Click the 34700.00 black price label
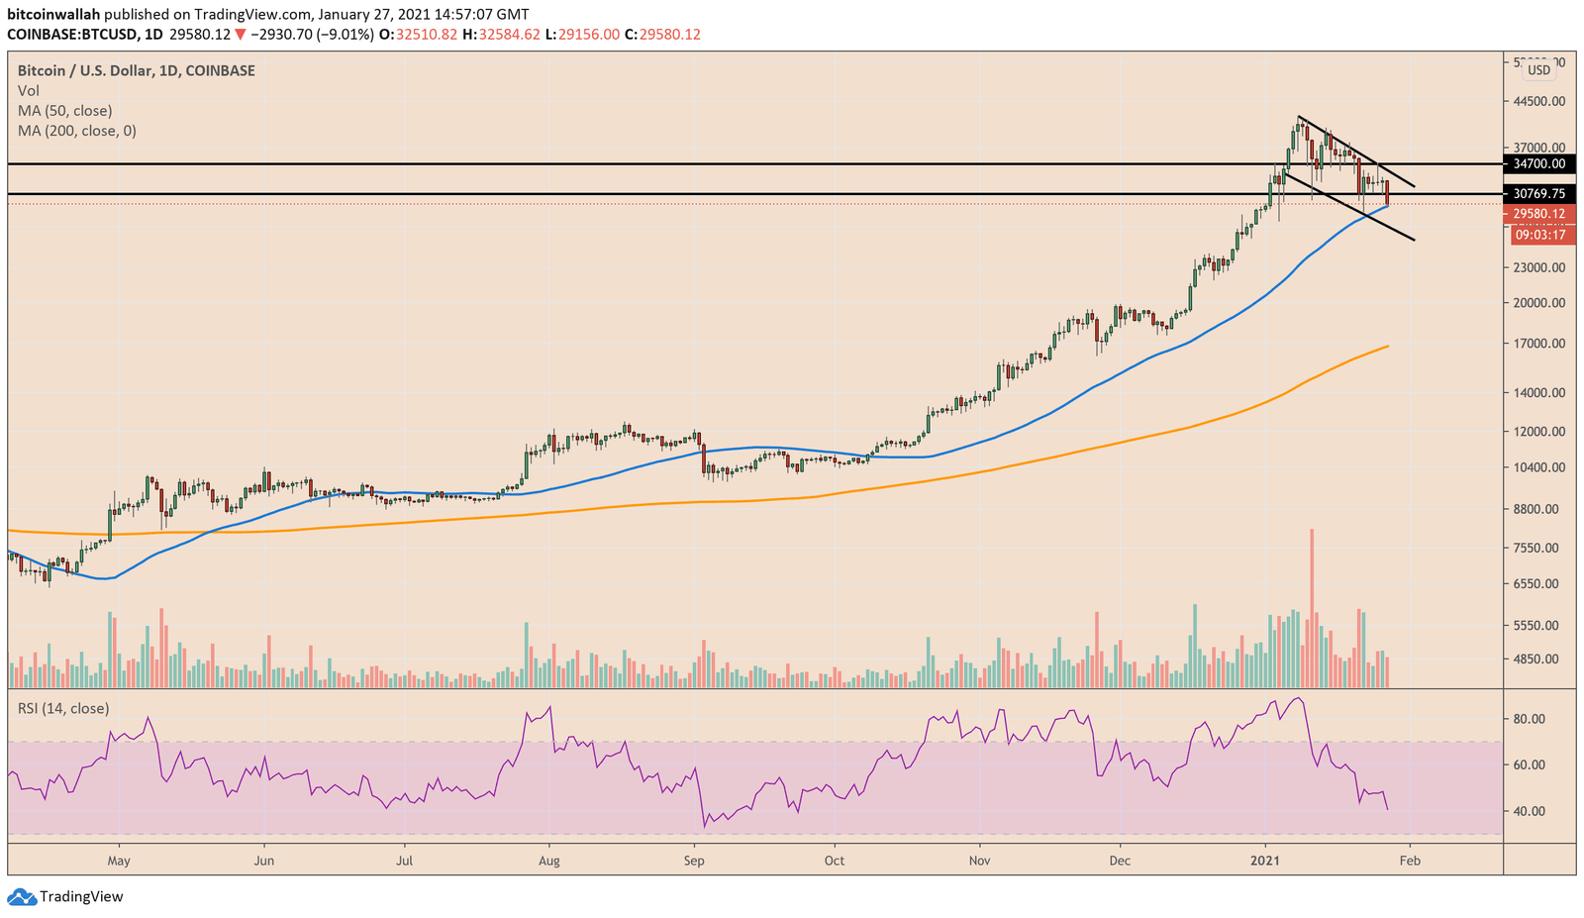tap(1538, 163)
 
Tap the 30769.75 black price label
tap(1538, 194)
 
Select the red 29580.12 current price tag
tap(1538, 214)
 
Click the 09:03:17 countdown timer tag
tap(1538, 235)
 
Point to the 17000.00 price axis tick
tap(1538, 344)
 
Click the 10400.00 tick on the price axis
tap(1538, 467)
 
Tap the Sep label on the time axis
tap(694, 861)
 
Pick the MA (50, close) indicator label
tap(64, 111)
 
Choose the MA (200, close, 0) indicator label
tap(76, 131)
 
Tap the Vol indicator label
tap(28, 91)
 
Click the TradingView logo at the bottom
tap(66, 896)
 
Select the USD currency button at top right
tap(1538, 70)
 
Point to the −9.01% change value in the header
tap(346, 35)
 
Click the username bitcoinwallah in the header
tap(53, 15)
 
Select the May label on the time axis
tap(119, 861)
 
